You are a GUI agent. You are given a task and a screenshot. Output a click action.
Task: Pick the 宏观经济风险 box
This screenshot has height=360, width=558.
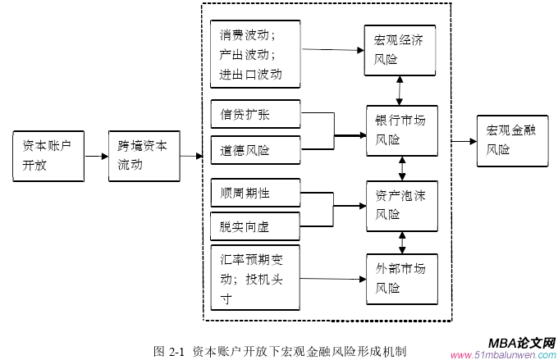coord(400,49)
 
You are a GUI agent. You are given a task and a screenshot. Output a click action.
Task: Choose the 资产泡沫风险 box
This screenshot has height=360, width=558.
coord(400,205)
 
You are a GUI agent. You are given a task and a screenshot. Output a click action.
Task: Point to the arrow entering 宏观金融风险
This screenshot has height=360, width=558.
coord(462,141)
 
